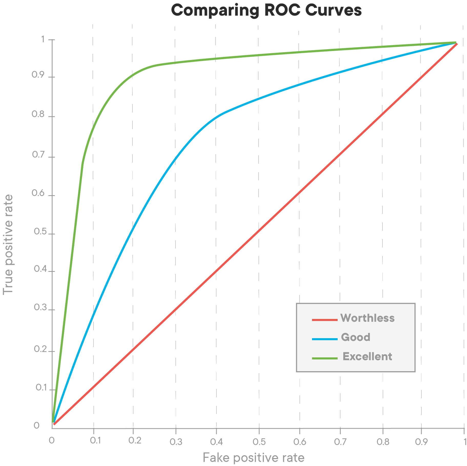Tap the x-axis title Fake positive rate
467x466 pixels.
253,458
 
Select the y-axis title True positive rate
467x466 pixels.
8,245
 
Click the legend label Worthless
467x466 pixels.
367,318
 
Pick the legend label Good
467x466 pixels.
356,337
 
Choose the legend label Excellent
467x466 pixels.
367,356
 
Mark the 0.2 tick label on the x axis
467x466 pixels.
135,440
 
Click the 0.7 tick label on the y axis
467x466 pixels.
38,155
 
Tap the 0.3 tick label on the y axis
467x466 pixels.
40,307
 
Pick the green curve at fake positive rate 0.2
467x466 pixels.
133,75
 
